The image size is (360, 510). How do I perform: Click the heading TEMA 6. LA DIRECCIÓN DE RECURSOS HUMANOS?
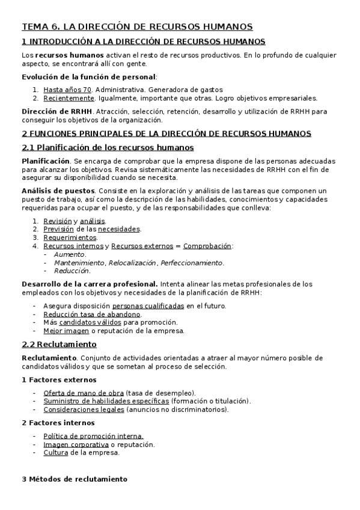tap(137, 26)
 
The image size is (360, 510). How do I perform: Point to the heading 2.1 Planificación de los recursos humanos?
tap(108, 147)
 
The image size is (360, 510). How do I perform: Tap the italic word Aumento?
tap(70, 254)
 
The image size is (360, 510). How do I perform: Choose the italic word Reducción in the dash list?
tap(72, 271)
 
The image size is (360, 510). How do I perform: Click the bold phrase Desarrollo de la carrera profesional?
tap(90, 283)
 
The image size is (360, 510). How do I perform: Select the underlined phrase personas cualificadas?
tap(148, 306)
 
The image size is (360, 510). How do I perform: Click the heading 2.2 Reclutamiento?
tap(59, 345)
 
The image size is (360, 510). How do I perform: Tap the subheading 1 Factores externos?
tap(58, 379)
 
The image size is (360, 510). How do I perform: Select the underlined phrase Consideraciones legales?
tap(84, 410)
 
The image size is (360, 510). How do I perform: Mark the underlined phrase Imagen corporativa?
tap(76, 444)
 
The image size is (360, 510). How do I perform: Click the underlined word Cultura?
tap(56, 453)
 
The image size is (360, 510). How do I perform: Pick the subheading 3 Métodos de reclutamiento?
tap(75, 479)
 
